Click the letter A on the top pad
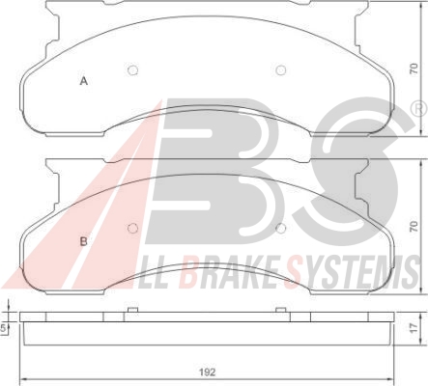point(84,81)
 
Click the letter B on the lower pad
point(84,241)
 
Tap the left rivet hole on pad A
point(132,70)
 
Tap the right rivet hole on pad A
point(281,70)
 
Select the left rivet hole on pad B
point(132,228)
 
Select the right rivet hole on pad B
point(281,228)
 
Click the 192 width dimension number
point(207,372)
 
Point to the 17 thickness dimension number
point(414,327)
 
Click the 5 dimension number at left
point(3,328)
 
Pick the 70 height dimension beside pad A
point(414,69)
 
